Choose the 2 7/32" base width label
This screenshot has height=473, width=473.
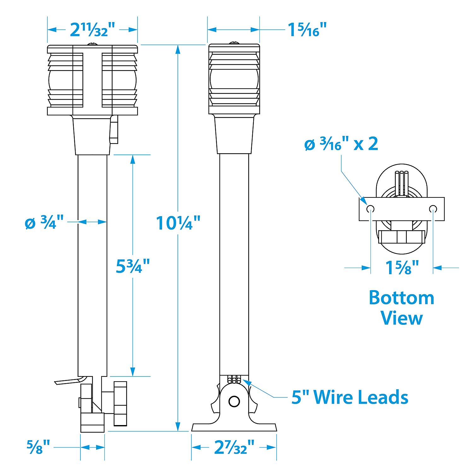(234, 447)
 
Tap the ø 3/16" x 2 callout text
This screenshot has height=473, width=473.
(341, 144)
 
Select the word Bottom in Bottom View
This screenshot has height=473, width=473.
(401, 298)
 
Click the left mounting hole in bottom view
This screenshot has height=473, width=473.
(370, 209)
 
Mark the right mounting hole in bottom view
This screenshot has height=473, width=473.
(433, 209)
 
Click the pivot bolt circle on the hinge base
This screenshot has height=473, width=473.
(234, 401)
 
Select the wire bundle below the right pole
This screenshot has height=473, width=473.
(234, 379)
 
